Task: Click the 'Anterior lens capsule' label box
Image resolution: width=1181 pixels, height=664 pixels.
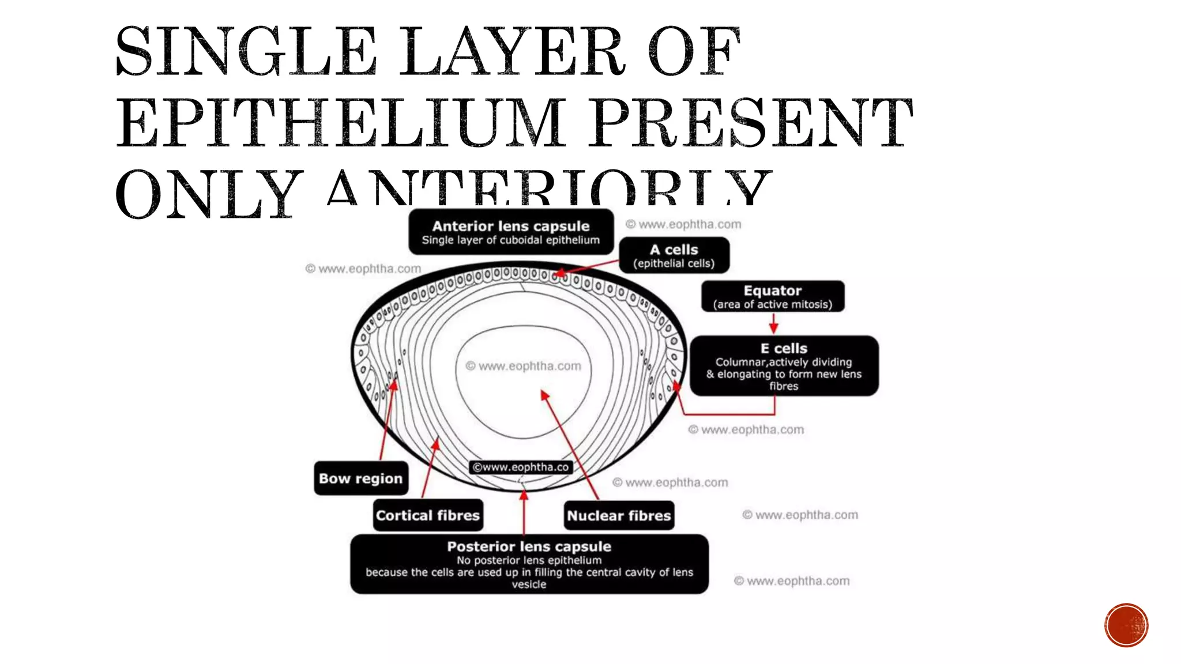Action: pyautogui.click(x=511, y=232)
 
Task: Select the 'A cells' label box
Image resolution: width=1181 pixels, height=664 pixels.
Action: pyautogui.click(x=674, y=255)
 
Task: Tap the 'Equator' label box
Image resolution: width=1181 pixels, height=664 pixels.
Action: pyautogui.click(x=773, y=296)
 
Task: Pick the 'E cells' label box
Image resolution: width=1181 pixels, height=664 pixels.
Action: pyautogui.click(x=784, y=365)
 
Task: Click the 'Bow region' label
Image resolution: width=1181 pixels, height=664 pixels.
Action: pyautogui.click(x=361, y=478)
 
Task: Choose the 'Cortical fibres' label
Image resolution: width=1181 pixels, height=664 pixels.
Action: pyautogui.click(x=428, y=515)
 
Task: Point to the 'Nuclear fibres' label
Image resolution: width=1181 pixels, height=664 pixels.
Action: pyautogui.click(x=619, y=515)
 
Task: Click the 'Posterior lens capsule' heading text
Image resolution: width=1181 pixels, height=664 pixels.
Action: pyautogui.click(x=529, y=546)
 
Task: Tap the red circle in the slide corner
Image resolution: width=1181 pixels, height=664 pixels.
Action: pyautogui.click(x=1126, y=625)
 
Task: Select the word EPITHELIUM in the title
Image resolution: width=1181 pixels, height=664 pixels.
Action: pyautogui.click(x=340, y=123)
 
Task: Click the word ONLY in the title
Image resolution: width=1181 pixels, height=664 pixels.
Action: pyautogui.click(x=206, y=195)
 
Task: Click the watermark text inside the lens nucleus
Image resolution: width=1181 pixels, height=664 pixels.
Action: pyautogui.click(x=524, y=366)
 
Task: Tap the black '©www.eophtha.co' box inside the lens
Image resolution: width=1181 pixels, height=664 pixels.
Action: pyautogui.click(x=521, y=467)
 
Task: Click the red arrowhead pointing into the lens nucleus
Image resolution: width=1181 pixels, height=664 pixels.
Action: pyautogui.click(x=544, y=395)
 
